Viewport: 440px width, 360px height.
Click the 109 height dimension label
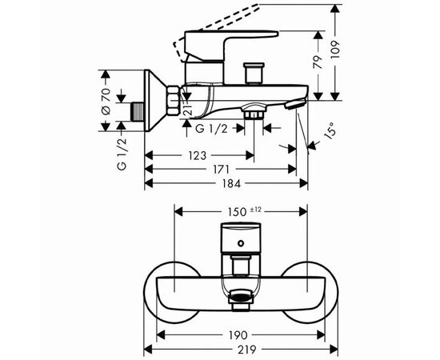click(x=335, y=50)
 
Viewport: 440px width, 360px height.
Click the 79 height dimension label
click(x=318, y=62)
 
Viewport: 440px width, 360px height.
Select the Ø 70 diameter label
click(x=106, y=101)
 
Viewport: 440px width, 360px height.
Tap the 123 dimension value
click(x=198, y=155)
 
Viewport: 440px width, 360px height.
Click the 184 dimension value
click(x=231, y=183)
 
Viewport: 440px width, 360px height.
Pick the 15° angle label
click(x=330, y=130)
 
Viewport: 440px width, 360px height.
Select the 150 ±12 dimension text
click(x=245, y=211)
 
